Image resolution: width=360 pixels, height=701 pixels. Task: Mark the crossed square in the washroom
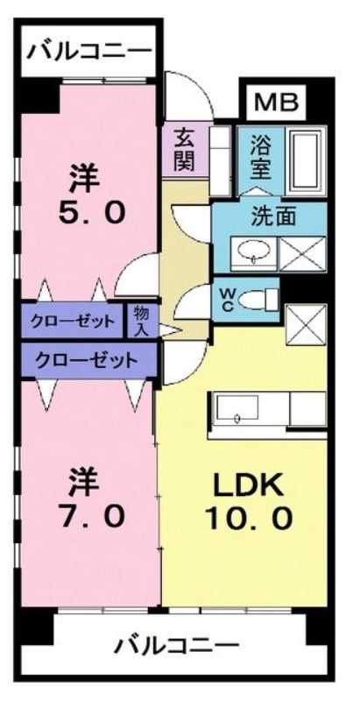click(301, 252)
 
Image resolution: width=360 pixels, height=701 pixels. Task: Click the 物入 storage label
click(140, 321)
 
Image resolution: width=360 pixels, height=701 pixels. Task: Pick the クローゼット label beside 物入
click(73, 322)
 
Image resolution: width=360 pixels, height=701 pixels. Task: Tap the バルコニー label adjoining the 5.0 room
click(88, 51)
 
